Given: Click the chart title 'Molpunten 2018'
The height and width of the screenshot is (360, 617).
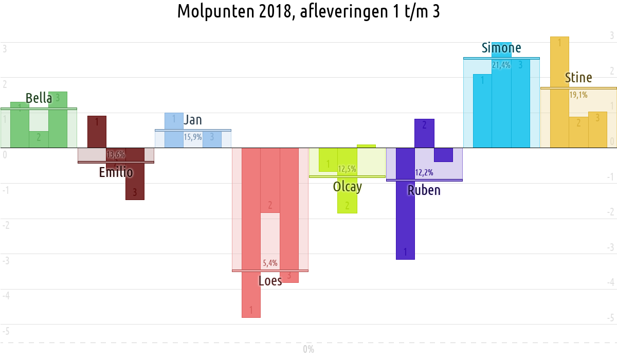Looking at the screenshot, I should pyautogui.click(x=308, y=11).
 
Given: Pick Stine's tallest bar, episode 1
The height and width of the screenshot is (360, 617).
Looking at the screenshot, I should pyautogui.click(x=559, y=92).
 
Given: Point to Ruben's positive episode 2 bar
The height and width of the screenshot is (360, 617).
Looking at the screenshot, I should pyautogui.click(x=424, y=133).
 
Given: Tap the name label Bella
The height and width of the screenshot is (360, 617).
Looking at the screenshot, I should pyautogui.click(x=39, y=98).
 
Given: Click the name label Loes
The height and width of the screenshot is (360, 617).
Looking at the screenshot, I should pyautogui.click(x=270, y=281).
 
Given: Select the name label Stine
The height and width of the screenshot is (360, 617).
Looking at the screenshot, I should pyautogui.click(x=578, y=78).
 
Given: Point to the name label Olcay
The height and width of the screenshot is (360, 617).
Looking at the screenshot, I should pyautogui.click(x=347, y=187).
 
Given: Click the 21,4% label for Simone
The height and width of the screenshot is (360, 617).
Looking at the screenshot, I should pyautogui.click(x=501, y=65).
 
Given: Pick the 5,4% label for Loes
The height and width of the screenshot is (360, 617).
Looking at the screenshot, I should pyautogui.click(x=270, y=263).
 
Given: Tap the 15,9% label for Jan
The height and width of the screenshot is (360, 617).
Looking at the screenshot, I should pyautogui.click(x=193, y=137).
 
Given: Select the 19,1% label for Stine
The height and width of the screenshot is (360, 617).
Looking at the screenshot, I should pyautogui.click(x=578, y=95).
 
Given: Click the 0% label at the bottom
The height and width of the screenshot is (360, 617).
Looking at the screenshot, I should pyautogui.click(x=308, y=350).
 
